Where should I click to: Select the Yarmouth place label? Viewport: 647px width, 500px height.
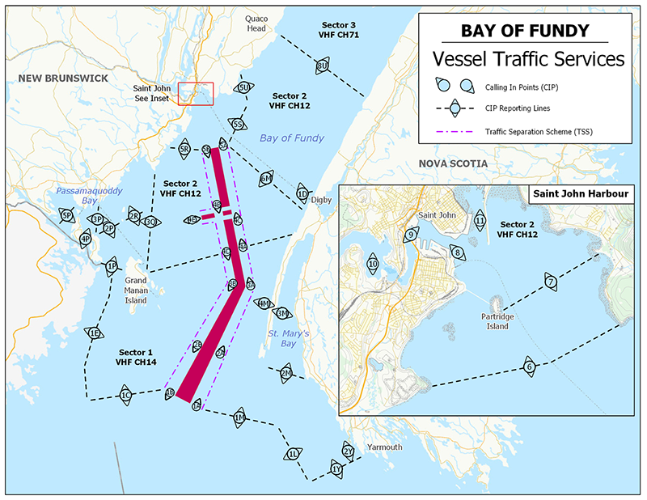pyautogui.click(x=384, y=447)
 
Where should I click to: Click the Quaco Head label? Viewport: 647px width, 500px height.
pyautogui.click(x=256, y=23)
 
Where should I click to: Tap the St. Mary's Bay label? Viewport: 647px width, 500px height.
pyautogui.click(x=290, y=339)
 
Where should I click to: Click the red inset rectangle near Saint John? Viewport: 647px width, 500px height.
pyautogui.click(x=195, y=94)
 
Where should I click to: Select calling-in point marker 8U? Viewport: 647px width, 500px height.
pyautogui.click(x=323, y=66)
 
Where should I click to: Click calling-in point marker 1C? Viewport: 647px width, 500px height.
pyautogui.click(x=125, y=396)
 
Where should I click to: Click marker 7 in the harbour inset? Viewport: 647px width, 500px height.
pyautogui.click(x=550, y=282)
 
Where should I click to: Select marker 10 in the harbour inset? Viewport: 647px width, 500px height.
pyautogui.click(x=373, y=264)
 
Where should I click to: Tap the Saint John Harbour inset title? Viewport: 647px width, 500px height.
pyautogui.click(x=580, y=194)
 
